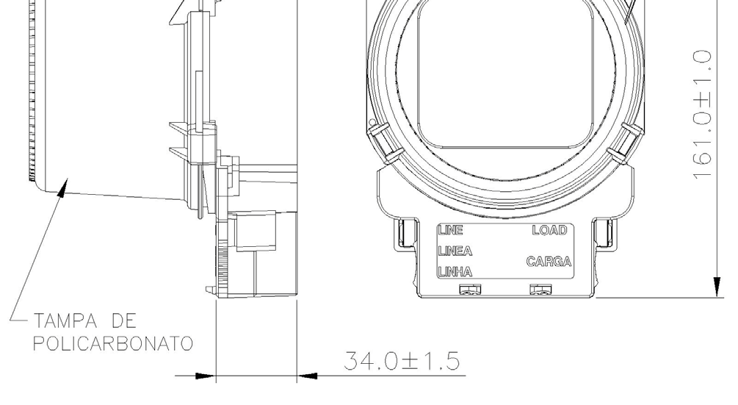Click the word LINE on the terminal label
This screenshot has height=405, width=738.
(450, 230)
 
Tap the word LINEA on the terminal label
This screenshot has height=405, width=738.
(455, 251)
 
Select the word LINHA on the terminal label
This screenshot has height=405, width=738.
(455, 272)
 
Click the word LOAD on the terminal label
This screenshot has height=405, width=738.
(550, 230)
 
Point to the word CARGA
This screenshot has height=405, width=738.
(549, 262)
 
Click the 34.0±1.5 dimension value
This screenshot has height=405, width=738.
(402, 361)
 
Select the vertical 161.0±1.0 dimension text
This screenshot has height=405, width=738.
(702, 115)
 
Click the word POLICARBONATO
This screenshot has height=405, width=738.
(113, 343)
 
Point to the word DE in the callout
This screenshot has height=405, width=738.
(124, 321)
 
